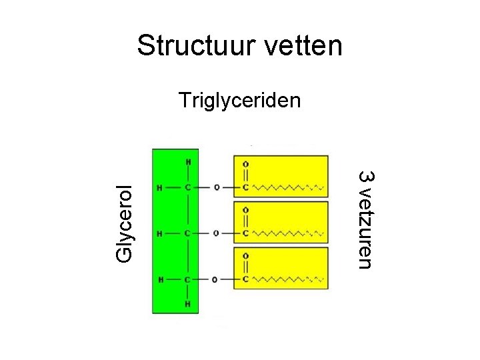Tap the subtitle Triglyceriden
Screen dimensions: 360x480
(x=240, y=101)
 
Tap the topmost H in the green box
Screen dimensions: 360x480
(x=189, y=161)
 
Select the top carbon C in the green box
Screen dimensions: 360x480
(x=189, y=187)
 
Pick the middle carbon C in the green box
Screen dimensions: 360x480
(x=189, y=233)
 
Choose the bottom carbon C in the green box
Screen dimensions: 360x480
(x=189, y=279)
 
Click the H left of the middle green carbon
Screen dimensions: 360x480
(x=159, y=233)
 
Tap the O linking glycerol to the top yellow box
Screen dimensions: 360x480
(x=217, y=187)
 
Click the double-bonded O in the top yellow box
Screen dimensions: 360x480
(x=246, y=164)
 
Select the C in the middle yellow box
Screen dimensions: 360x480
(x=246, y=233)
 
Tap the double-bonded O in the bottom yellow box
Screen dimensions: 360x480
(x=246, y=255)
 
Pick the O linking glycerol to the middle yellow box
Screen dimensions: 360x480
(x=217, y=233)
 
